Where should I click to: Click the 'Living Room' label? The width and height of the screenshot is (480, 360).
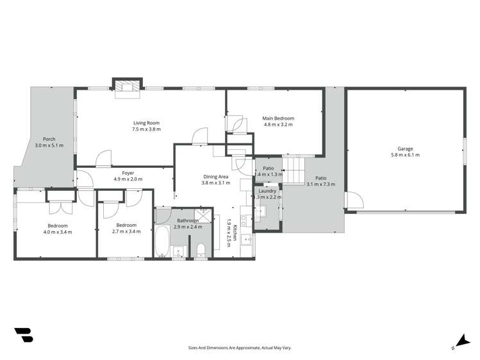click(146, 123)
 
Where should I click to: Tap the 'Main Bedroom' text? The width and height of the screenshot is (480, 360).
click(278, 119)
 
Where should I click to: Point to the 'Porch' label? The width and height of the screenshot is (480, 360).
click(49, 139)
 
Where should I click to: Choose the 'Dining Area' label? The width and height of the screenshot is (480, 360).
click(215, 177)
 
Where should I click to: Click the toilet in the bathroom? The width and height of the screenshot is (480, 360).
click(200, 249)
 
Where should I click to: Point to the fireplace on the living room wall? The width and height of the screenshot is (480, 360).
click(126, 88)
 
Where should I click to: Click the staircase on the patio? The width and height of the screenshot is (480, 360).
click(294, 170)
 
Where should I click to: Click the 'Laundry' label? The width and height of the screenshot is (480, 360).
click(267, 191)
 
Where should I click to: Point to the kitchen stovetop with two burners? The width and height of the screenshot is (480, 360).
click(244, 220)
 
